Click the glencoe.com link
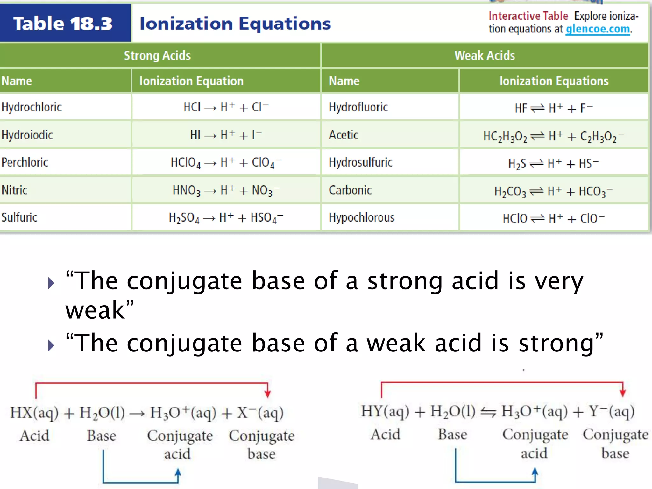[598, 29]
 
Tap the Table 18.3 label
[63, 24]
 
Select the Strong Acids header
[157, 55]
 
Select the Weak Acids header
[485, 55]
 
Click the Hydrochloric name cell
[32, 107]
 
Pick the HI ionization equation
[226, 135]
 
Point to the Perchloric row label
[25, 162]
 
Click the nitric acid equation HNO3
[226, 190]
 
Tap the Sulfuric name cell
[19, 217]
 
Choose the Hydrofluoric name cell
[358, 107]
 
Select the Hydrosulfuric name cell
[360, 162]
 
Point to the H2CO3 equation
[553, 191]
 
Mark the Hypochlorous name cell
[362, 217]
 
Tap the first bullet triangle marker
[51, 283]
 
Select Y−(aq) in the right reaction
[612, 411]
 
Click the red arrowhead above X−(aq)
[268, 393]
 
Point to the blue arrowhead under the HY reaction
[535, 472]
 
